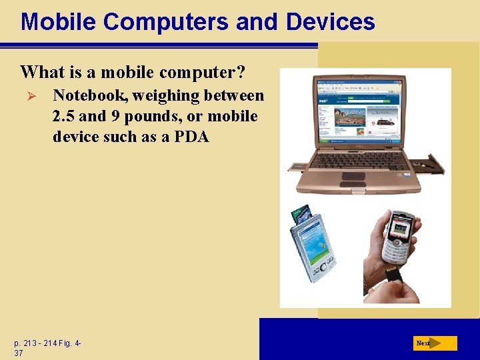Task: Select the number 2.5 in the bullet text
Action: (x=64, y=117)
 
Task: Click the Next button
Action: (x=434, y=343)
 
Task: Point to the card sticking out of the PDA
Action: (x=302, y=214)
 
